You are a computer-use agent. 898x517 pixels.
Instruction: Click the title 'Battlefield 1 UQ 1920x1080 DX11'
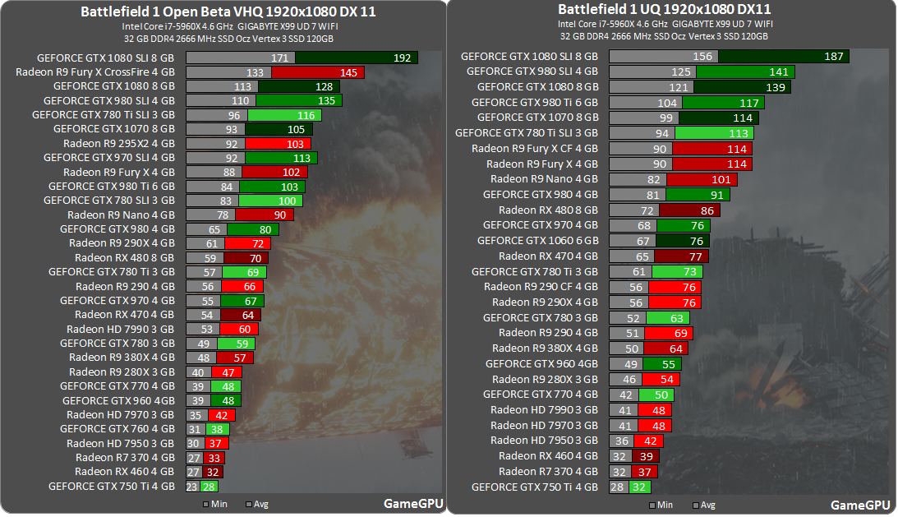point(664,9)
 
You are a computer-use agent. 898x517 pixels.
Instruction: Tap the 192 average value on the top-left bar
point(402,58)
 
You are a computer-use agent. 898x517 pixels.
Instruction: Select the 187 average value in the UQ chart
point(833,57)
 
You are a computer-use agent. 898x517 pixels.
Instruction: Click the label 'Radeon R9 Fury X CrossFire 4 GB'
point(95,72)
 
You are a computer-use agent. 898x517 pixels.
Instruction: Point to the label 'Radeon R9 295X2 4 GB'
point(120,143)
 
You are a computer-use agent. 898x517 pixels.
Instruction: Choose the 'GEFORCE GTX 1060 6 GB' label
point(538,241)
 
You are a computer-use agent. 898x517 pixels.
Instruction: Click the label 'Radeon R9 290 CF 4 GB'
point(541,287)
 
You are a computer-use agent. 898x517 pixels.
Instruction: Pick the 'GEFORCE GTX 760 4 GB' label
point(118,428)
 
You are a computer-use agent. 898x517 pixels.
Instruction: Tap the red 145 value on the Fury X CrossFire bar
point(348,73)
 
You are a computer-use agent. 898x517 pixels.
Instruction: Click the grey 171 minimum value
point(279,58)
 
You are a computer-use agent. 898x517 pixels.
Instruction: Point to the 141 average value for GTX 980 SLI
point(778,72)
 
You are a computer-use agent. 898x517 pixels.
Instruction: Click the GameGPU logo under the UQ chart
point(859,505)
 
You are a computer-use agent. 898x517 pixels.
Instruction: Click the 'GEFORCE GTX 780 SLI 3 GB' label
point(109,200)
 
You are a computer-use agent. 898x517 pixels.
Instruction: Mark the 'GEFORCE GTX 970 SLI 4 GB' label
point(109,157)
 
